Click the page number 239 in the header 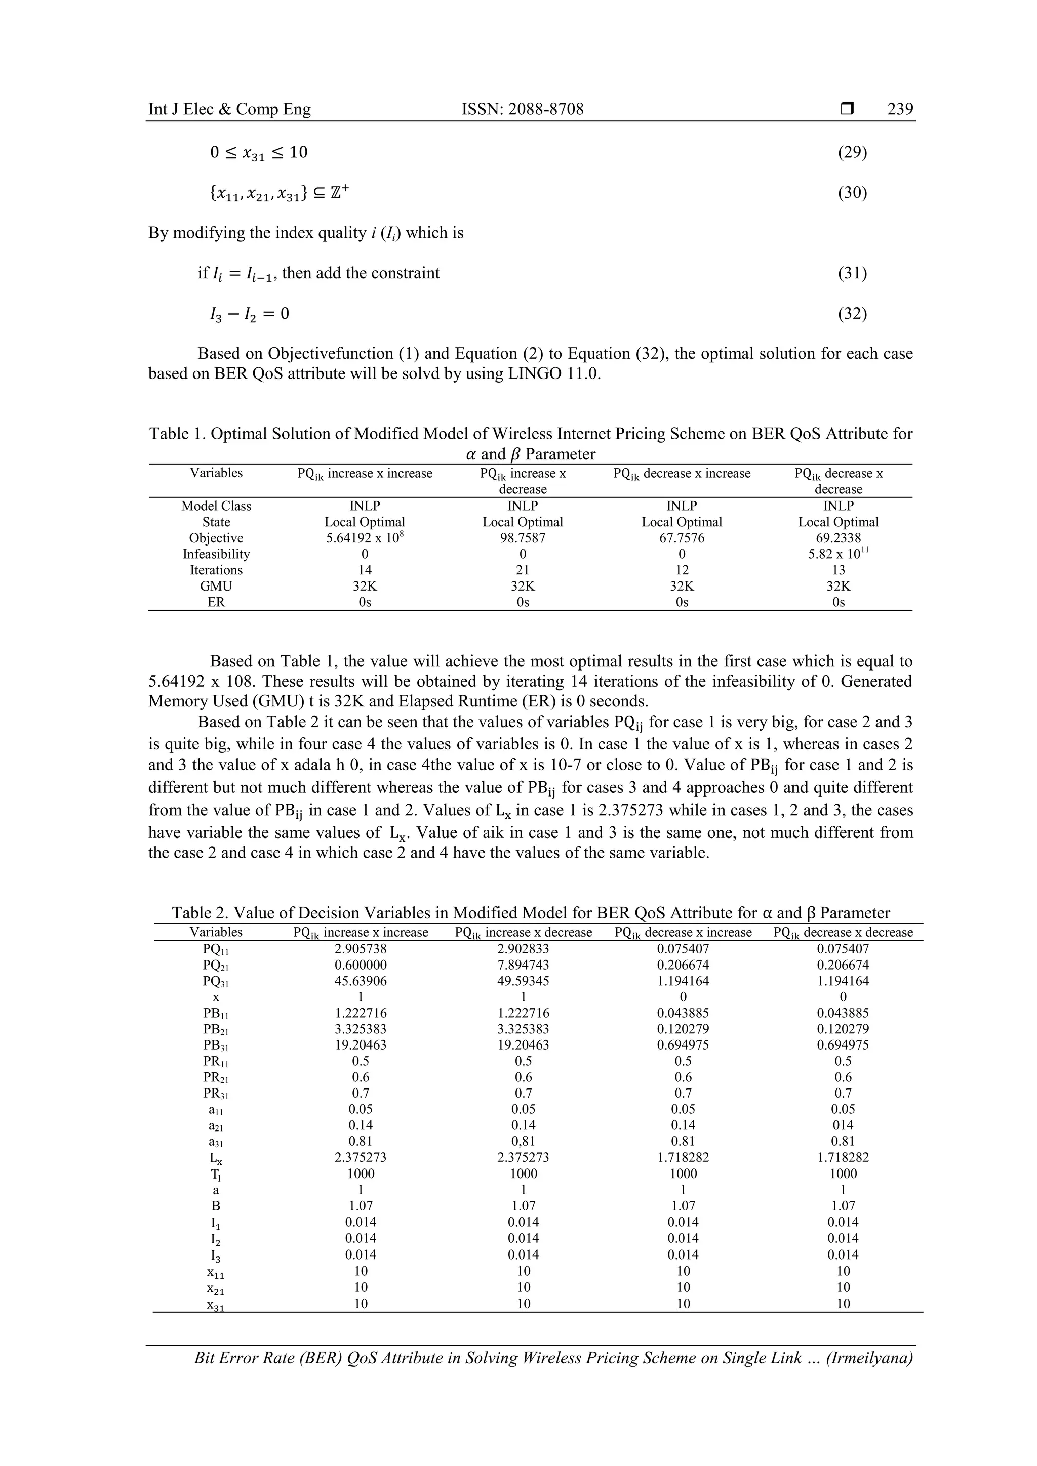click(900, 109)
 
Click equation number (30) click(852, 192)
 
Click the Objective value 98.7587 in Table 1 click(523, 538)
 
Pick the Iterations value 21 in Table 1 click(523, 570)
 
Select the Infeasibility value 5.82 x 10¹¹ click(839, 554)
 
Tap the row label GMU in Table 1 click(216, 586)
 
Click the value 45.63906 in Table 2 click(361, 981)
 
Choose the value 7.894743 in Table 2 click(523, 965)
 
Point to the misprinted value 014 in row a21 click(843, 1125)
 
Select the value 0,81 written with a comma click(523, 1141)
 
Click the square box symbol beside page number click(847, 110)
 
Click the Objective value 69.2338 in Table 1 click(839, 538)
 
